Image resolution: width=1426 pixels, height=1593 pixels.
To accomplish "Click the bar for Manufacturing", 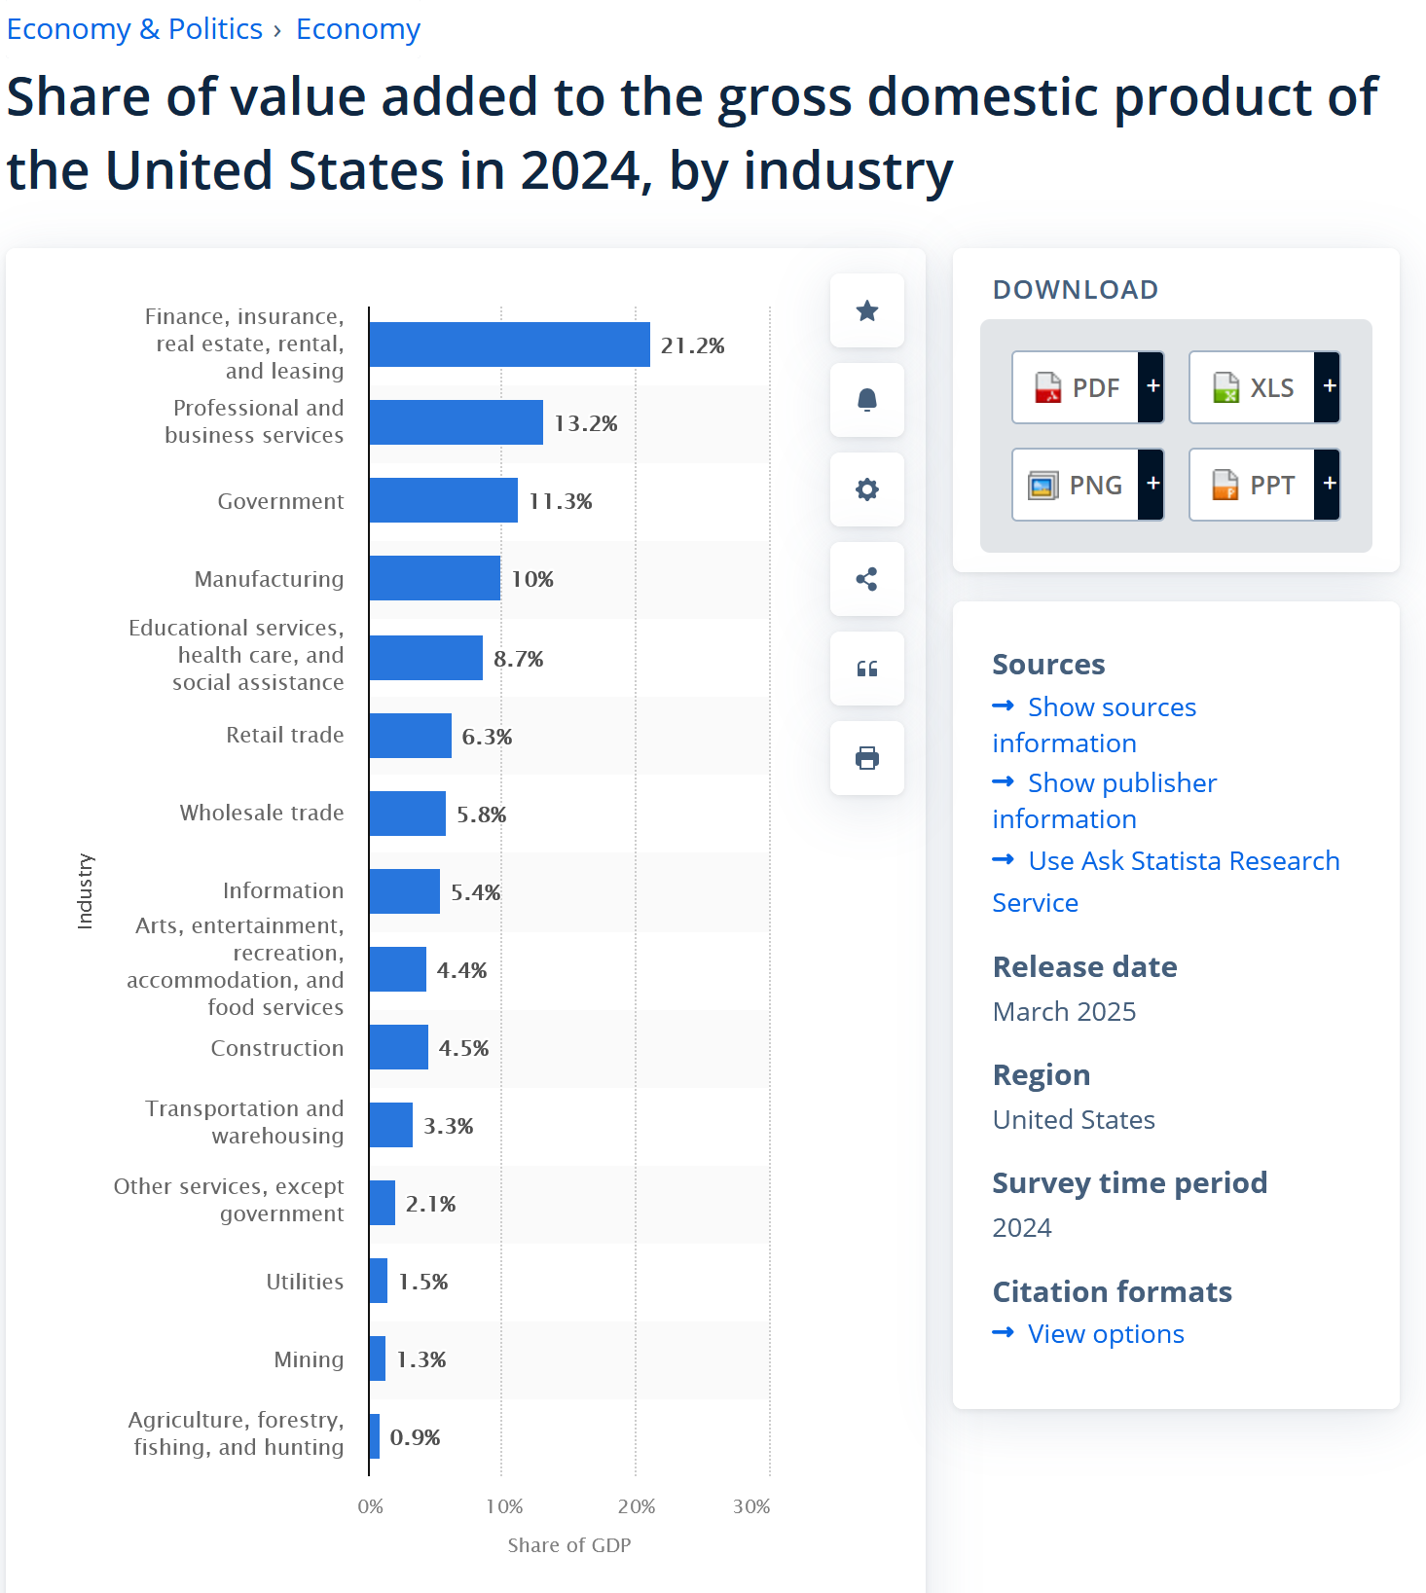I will [434, 578].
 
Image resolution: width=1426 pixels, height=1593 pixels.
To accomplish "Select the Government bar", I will [443, 500].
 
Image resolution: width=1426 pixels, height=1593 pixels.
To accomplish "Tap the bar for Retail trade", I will [410, 736].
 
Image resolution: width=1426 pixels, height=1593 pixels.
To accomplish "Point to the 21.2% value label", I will [692, 345].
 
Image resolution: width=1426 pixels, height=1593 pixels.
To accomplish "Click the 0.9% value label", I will [415, 1437].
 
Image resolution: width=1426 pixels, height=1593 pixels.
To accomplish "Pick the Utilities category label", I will [305, 1282].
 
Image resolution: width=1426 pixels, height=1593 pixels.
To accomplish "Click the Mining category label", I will [309, 1359].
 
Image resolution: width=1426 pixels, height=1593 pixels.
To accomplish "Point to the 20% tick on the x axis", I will [637, 1506].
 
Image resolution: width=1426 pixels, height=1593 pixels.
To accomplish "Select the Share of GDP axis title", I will [569, 1545].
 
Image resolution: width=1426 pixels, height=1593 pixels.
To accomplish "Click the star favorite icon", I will [867, 310].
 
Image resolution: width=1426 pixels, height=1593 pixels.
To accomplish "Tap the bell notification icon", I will [867, 400].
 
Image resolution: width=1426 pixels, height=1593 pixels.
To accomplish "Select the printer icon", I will [867, 758].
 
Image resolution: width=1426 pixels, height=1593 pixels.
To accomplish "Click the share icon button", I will [867, 579].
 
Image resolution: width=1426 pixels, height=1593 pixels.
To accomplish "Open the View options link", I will [1106, 1334].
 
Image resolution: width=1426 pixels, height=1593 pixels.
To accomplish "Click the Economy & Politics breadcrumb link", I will [134, 29].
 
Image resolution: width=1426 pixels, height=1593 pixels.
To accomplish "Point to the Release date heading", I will [1084, 967].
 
